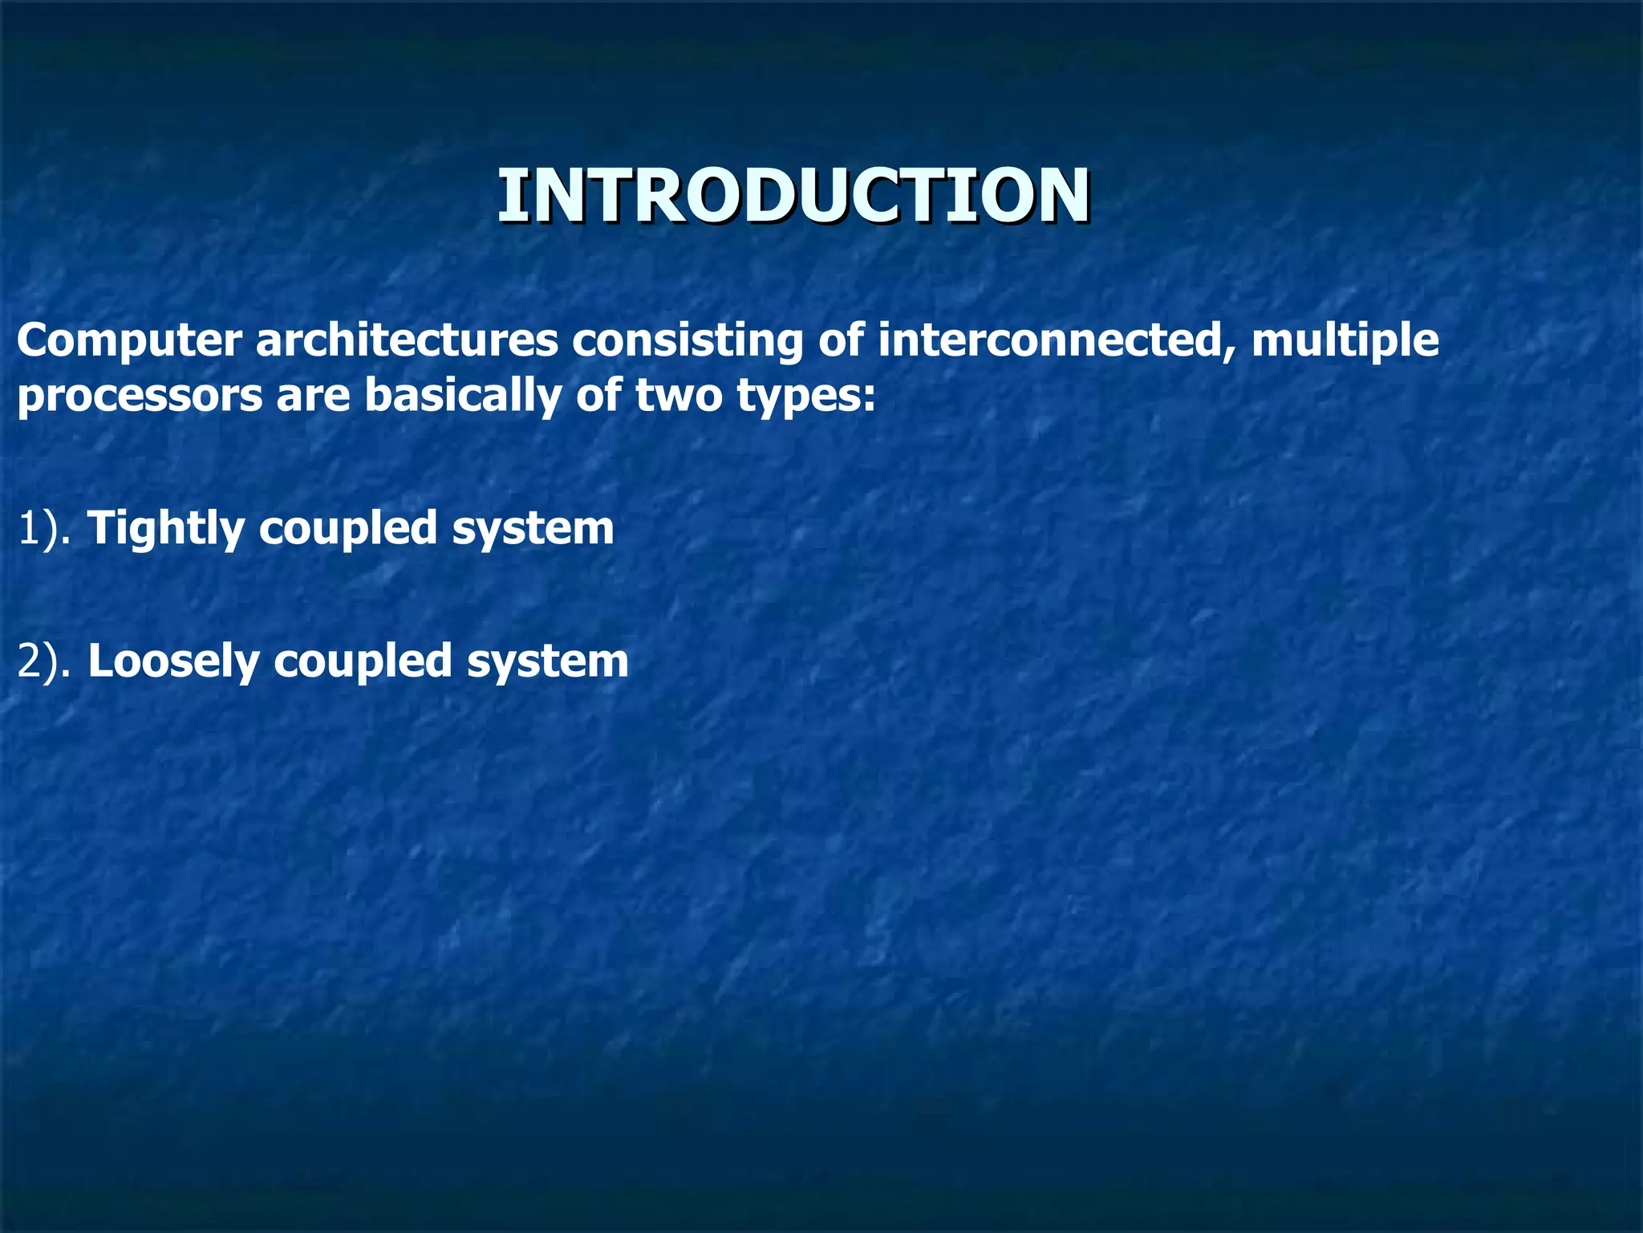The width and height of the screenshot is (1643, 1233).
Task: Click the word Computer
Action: point(128,340)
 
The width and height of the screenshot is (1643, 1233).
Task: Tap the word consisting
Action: point(687,340)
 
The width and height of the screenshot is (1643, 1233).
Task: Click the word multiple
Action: point(1345,340)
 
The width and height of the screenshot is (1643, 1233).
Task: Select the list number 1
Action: point(27,530)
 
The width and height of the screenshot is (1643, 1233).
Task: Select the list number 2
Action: point(29,662)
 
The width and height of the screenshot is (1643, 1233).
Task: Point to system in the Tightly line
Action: point(533,530)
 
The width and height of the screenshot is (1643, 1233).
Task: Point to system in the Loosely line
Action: point(547,662)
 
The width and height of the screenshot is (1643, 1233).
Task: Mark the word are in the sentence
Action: point(313,397)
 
